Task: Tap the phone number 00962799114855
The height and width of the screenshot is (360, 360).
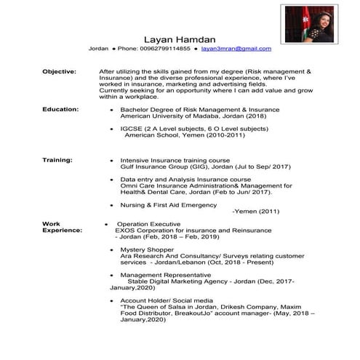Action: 164,49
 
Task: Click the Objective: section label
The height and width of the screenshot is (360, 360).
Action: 59,72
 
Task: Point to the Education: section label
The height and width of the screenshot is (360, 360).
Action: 60,108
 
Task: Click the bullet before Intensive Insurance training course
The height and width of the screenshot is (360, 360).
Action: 110,160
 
